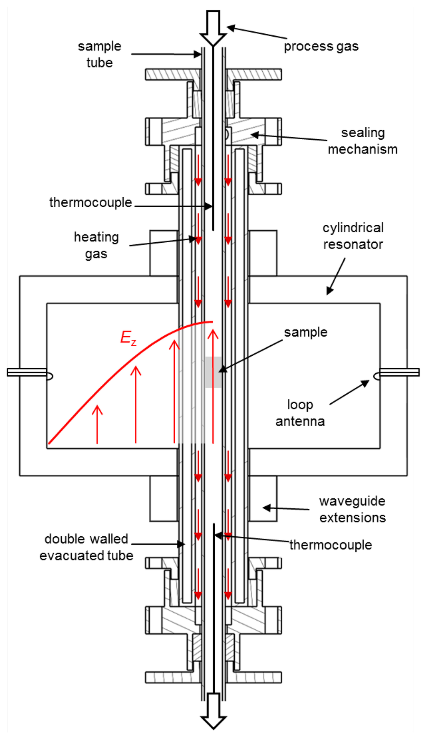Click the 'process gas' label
pyautogui.click(x=321, y=46)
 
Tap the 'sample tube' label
pyautogui.click(x=100, y=54)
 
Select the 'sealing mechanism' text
pyautogui.click(x=362, y=141)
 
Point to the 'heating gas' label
pyautogui.click(x=96, y=245)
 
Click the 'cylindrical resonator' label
pyautogui.click(x=353, y=236)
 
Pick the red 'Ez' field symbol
pyautogui.click(x=128, y=337)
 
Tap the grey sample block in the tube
pyautogui.click(x=213, y=372)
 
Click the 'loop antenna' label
pyautogui.click(x=300, y=413)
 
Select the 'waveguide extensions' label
pyautogui.click(x=352, y=509)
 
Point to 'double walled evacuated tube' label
pyautogui.click(x=86, y=547)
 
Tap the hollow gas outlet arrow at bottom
pyautogui.click(x=213, y=713)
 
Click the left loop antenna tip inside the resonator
pyautogui.click(x=49, y=376)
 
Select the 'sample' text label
pyautogui.click(x=306, y=332)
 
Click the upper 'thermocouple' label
pyautogui.click(x=90, y=202)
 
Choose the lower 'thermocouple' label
pyautogui.click(x=331, y=545)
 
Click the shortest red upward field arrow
pyautogui.click(x=97, y=423)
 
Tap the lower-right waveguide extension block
pyautogui.click(x=263, y=498)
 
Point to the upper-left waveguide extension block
pyautogui.click(x=164, y=253)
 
